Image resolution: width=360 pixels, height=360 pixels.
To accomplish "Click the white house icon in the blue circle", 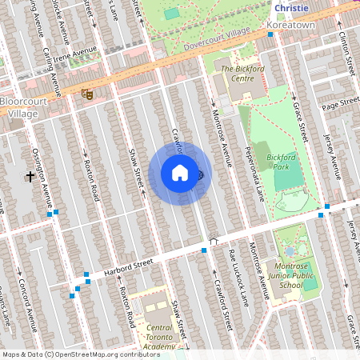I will tap(180, 173).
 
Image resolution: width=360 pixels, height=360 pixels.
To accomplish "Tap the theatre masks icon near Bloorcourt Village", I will tap(87, 94).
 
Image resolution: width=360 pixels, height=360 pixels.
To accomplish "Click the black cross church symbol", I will tap(31, 175).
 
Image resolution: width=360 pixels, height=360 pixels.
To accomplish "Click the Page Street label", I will tap(340, 103).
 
